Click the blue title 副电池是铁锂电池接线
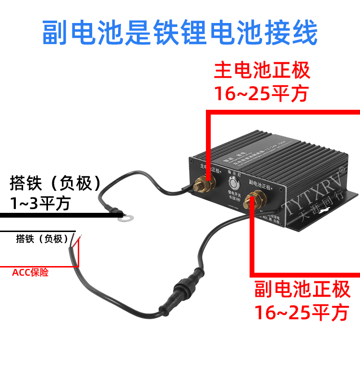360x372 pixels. tap(180, 33)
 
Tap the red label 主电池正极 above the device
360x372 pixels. tap(262, 71)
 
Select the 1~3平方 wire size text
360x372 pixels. tap(41, 203)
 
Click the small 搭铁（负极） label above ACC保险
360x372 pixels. tap(42, 238)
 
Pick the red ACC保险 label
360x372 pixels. tap(30, 273)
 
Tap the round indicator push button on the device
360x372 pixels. tap(233, 184)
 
